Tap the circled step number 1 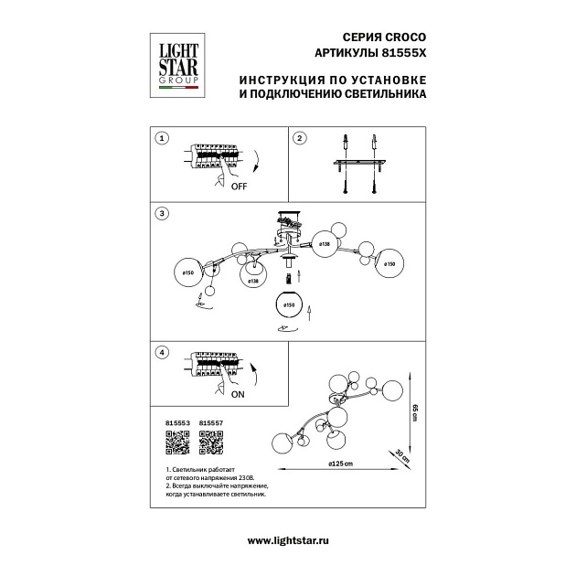[x=162, y=138]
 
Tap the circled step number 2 [x=299, y=138]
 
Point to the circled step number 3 [x=162, y=213]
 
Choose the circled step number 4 [x=162, y=352]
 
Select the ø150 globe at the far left [x=187, y=272]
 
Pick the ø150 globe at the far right [x=390, y=264]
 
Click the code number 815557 [x=211, y=423]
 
